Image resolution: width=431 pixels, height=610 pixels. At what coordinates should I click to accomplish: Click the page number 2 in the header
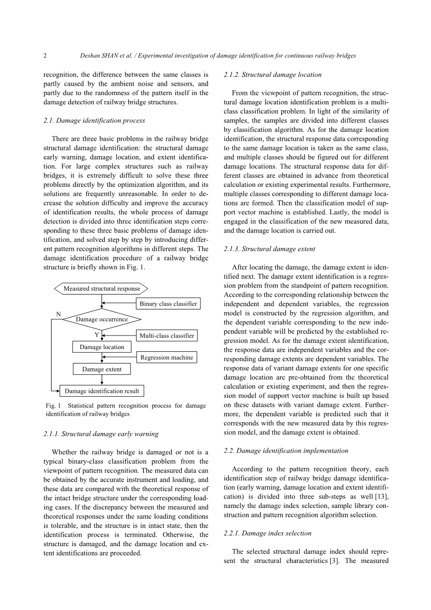pos(45,55)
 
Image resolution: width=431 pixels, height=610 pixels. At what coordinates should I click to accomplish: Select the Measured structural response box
pos(102,288)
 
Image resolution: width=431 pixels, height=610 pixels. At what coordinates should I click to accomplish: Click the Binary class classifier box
pos(168,304)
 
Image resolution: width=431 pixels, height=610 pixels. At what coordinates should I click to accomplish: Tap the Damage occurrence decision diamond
pos(102,319)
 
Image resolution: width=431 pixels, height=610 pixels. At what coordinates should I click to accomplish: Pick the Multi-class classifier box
pos(167,336)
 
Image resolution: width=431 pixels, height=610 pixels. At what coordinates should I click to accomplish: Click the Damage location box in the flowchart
pos(102,347)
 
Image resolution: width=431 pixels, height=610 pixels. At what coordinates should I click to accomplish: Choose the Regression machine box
pos(167,357)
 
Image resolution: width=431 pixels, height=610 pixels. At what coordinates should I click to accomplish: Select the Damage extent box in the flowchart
pos(102,369)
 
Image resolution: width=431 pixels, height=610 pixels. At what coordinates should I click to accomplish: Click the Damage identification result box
pos(102,391)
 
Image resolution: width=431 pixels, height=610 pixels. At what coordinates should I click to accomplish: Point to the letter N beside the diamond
pos(59,315)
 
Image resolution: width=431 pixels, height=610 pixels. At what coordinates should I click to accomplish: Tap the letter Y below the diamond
pos(96,335)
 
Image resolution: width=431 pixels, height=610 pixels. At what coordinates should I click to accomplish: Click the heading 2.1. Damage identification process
pos(94,120)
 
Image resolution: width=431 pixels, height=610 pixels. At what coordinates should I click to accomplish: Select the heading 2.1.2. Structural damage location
pos(273,75)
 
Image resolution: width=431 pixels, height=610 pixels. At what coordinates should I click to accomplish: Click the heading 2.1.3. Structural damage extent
pos(269,249)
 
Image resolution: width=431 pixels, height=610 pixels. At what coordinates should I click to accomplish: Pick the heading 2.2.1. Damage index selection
pos(267,533)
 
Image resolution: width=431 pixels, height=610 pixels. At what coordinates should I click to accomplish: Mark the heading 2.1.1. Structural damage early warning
pos(101,434)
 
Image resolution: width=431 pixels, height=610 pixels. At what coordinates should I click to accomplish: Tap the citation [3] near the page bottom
pos(334,561)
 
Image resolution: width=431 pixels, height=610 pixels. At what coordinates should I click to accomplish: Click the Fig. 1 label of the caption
pos(54,405)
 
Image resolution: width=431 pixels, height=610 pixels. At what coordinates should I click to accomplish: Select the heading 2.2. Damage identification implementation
pos(286,451)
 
